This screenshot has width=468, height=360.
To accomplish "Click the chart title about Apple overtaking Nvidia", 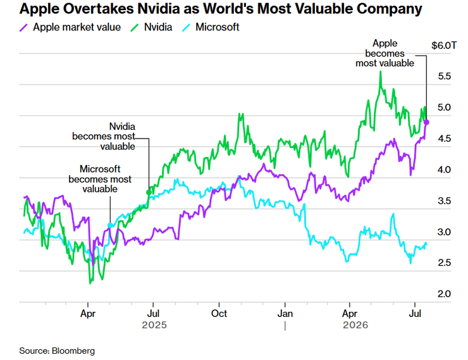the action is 221,9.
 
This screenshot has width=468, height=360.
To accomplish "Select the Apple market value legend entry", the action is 70,27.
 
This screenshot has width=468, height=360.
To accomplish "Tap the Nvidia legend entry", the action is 151,27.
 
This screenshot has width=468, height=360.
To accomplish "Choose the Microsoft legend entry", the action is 211,27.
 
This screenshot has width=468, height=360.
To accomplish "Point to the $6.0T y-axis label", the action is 444,46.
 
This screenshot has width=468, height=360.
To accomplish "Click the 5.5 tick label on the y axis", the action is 444,77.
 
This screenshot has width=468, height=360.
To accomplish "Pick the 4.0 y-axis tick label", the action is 444,170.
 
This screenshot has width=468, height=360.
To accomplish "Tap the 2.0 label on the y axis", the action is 444,294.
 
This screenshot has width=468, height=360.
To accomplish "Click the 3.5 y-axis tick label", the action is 444,201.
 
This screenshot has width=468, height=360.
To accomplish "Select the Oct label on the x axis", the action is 219,314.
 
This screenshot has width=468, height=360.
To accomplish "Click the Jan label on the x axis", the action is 285,314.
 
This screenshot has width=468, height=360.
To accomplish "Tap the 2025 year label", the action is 154,325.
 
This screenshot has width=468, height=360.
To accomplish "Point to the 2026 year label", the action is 355,325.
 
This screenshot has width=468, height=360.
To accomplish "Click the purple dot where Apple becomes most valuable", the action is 426,122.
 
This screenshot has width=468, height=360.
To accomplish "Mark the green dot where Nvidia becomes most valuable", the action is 149,192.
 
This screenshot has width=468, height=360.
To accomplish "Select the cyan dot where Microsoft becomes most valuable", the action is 110,225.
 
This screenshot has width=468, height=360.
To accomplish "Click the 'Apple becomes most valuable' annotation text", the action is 385,53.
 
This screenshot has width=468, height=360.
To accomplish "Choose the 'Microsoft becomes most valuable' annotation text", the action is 100,179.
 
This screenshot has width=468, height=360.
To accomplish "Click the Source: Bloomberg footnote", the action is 57,351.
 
